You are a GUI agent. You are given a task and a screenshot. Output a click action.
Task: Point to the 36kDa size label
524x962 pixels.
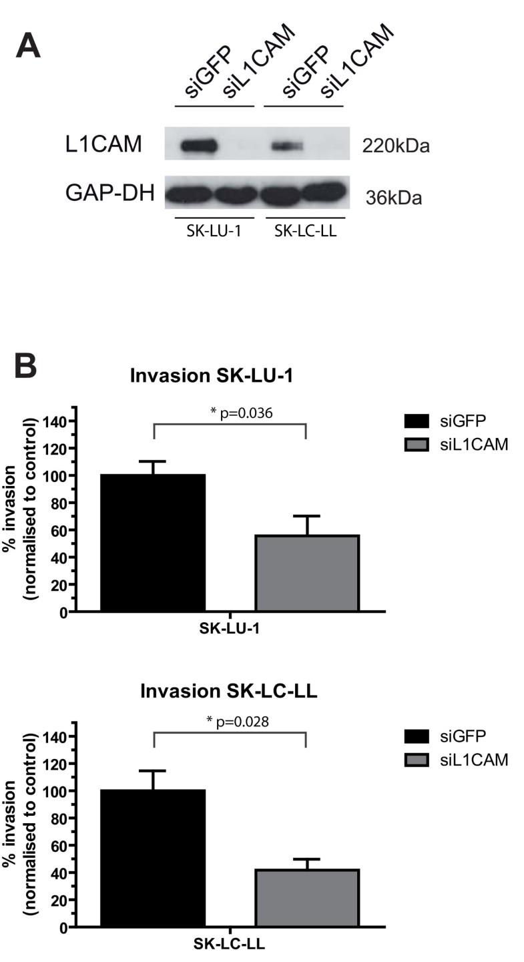point(393,197)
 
